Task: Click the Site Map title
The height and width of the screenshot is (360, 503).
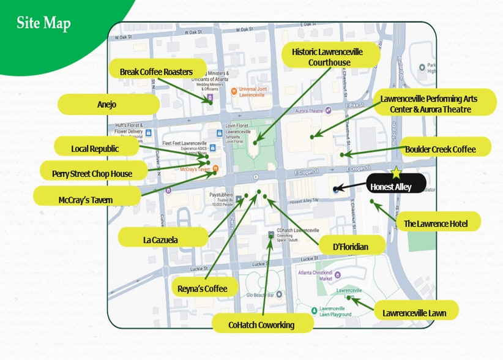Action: point(43,24)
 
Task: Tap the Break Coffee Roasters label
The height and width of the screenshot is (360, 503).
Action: point(156,71)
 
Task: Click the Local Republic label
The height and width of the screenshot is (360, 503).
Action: point(95,148)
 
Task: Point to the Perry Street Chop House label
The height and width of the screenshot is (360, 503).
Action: point(92,173)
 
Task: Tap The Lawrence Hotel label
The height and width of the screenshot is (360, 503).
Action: point(435,223)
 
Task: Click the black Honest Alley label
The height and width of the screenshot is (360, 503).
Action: point(390,186)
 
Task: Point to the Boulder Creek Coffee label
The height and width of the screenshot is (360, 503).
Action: point(440,149)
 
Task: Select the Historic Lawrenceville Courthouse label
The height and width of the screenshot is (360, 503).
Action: point(330,58)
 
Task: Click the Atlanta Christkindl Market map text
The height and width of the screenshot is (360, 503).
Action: point(316,276)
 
